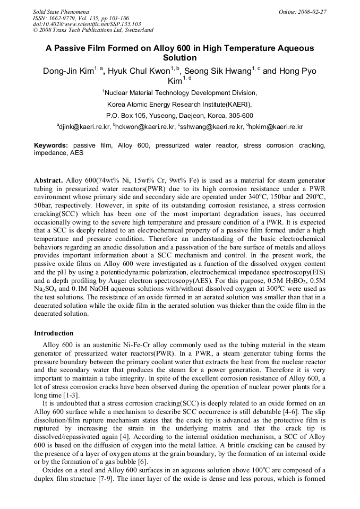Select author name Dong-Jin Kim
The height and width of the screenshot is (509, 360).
[68, 71]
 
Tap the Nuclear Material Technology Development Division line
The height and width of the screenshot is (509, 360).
[180, 93]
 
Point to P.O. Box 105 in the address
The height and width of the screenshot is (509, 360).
[130, 115]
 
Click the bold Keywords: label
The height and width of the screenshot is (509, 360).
[51, 145]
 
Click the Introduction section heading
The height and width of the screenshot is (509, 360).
[54, 333]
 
